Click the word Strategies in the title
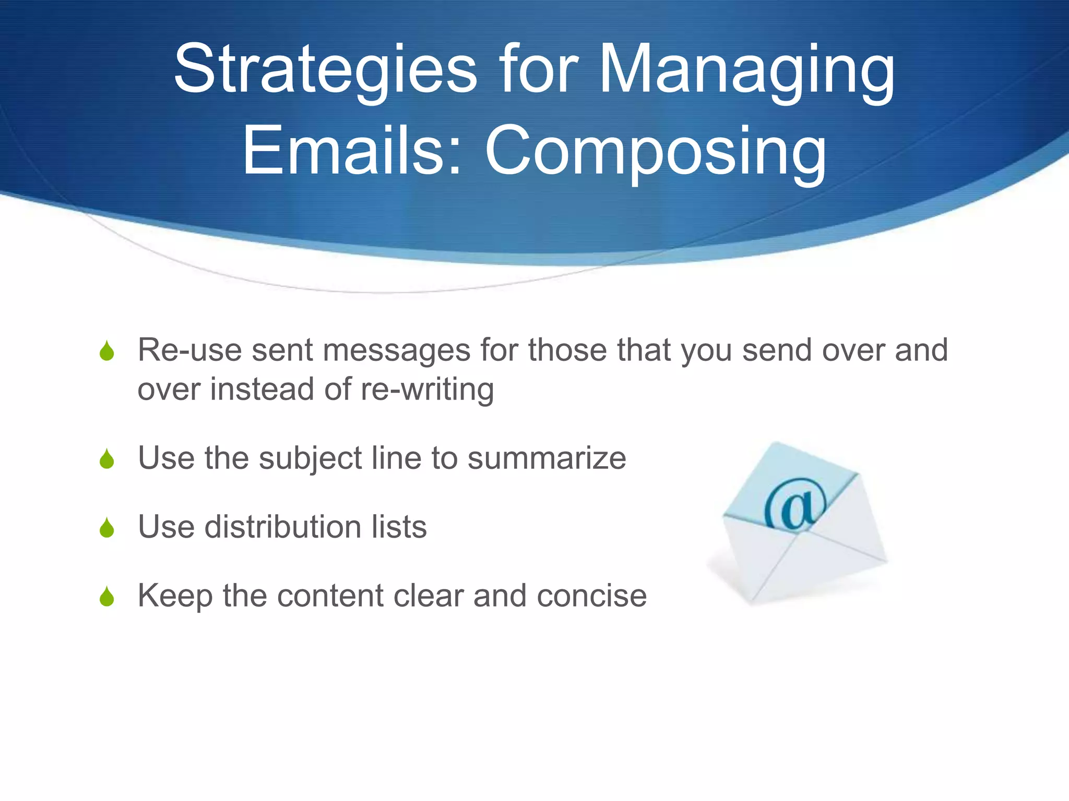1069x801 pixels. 325,70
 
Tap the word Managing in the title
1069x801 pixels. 747,70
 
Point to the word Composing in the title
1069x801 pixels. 656,151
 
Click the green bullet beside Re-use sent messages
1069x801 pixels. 107,351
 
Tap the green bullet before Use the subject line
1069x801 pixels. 107,459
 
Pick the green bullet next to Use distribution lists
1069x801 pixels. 107,528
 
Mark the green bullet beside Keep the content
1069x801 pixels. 107,597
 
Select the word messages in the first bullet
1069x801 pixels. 397,350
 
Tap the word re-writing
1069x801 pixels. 427,390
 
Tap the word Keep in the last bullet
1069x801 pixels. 175,596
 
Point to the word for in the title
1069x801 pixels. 539,70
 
